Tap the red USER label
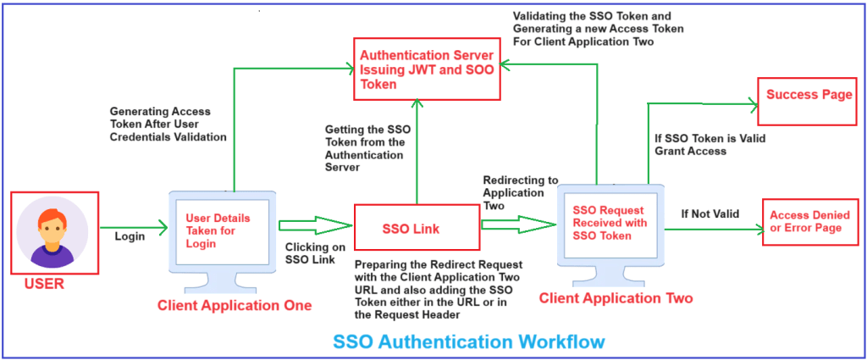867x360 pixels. coord(42,284)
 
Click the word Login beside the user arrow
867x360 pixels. coord(130,236)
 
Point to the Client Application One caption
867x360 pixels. coord(235,305)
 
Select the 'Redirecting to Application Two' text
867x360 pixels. coord(521,192)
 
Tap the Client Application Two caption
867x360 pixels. coord(616,298)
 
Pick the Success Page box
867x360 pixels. coord(809,95)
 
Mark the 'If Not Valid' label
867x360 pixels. coord(710,214)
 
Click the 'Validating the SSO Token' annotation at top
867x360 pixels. coord(598,28)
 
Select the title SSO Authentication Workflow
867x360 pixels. coord(469,341)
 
